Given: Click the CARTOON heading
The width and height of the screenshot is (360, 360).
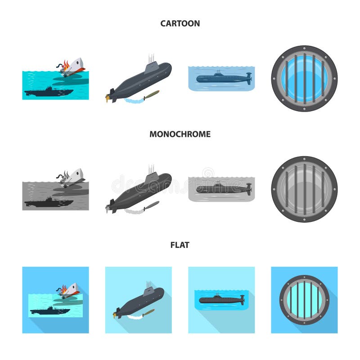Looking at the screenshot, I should point(180,23).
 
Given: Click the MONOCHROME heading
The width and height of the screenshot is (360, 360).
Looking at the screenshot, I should point(180,134).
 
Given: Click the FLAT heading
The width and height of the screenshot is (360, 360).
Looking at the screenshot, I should point(180,245).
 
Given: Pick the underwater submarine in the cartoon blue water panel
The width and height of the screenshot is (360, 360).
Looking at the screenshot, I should point(223,78).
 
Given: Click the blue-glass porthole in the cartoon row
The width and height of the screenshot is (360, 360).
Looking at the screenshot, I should point(304,78).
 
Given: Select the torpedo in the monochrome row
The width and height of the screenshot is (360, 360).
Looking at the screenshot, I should point(150,205).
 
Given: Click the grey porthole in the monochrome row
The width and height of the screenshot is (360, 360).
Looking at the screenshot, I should point(304,189).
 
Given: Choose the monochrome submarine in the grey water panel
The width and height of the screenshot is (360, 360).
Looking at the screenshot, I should point(223,189).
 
